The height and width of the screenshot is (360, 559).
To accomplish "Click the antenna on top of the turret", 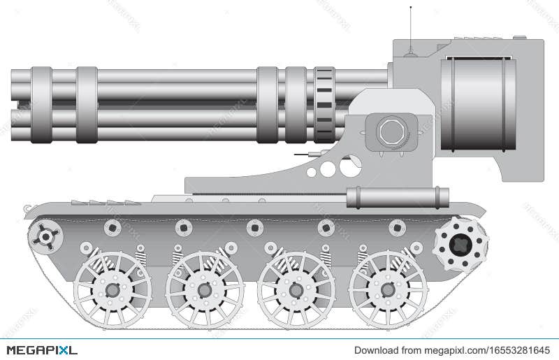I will [x=410, y=28].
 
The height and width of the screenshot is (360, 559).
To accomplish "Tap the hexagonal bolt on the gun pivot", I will [x=391, y=131].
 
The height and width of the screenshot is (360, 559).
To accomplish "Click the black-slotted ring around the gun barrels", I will [x=324, y=105].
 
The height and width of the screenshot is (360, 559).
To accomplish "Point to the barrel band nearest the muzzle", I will [x=41, y=105].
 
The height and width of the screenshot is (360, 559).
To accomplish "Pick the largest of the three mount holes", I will [x=350, y=166].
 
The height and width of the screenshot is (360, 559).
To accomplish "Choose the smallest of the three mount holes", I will [x=312, y=172].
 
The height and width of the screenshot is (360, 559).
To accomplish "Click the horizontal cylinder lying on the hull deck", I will [x=397, y=197].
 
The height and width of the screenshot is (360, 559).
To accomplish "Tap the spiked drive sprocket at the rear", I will [x=460, y=244].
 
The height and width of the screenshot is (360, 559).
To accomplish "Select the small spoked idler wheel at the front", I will [x=46, y=237].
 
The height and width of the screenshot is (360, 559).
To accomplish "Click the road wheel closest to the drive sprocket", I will [x=388, y=289].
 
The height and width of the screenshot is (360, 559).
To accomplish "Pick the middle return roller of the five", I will [x=255, y=228].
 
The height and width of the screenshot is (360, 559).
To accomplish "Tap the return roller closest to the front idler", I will [x=112, y=228].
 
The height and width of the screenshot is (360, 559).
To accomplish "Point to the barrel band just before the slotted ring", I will [x=296, y=105].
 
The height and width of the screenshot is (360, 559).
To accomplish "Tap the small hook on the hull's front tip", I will [x=27, y=208].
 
